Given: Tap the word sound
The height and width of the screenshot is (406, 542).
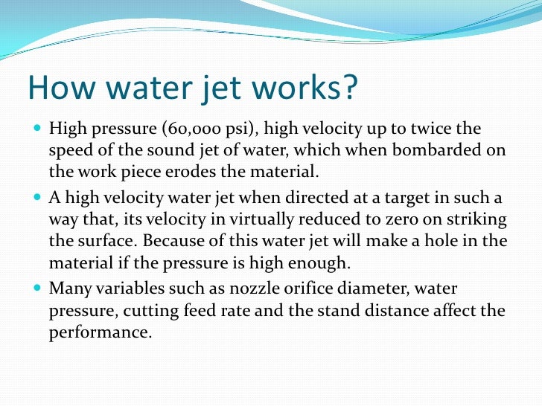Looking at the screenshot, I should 172,151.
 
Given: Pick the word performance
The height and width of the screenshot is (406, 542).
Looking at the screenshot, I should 100,332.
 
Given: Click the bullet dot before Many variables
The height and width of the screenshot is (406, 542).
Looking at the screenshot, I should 39,287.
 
